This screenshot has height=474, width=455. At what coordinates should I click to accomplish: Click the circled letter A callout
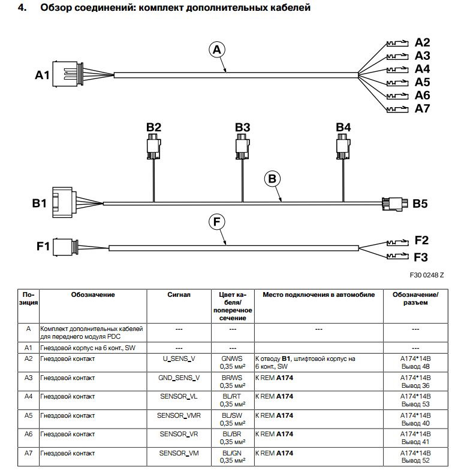coord(218,51)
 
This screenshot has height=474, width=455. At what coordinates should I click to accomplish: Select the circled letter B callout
coord(272,178)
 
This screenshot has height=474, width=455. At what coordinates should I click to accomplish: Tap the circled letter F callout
coord(218,222)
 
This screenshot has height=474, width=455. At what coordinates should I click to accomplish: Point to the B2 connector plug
coord(153,146)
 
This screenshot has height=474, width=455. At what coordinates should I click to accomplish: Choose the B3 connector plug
coord(242,146)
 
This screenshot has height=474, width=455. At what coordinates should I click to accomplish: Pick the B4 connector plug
coord(343,146)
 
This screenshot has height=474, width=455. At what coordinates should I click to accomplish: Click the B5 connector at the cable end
coord(393,203)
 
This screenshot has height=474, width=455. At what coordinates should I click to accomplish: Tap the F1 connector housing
coord(62,247)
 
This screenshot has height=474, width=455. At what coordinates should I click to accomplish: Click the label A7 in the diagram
coord(423,108)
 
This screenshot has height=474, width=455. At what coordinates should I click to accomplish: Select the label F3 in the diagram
coord(421,257)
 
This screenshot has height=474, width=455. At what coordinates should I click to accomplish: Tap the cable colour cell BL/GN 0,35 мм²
coord(233,457)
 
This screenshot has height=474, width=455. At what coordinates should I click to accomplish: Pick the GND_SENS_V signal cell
coord(179,378)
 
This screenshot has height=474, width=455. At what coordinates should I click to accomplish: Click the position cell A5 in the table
coord(28,415)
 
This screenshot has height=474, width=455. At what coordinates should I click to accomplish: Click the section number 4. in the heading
coord(22,9)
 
